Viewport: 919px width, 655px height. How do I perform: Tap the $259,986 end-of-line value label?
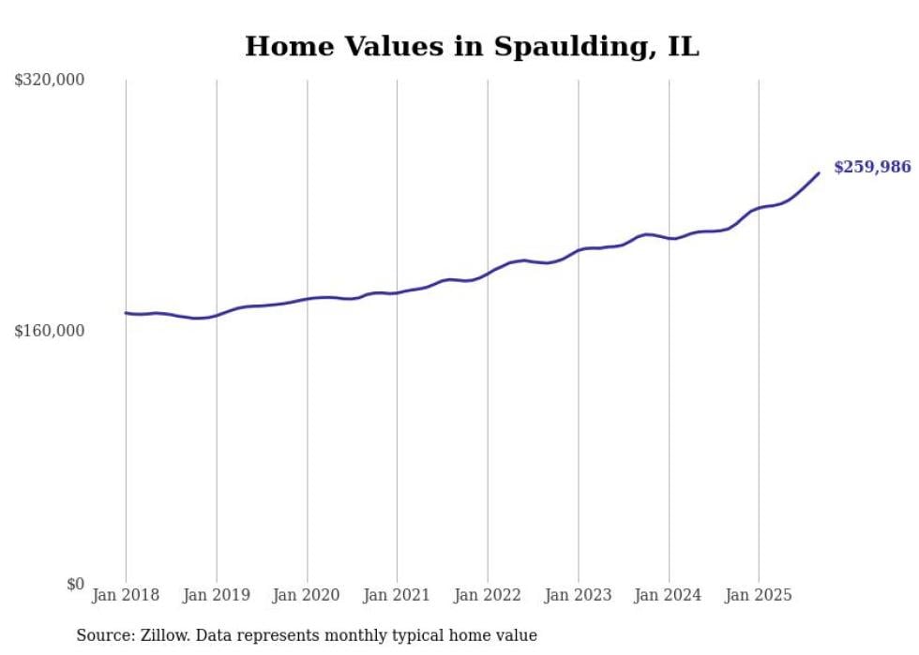872,167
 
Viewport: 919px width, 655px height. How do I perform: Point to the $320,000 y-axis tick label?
49,81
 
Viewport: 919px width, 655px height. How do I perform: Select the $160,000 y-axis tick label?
49,331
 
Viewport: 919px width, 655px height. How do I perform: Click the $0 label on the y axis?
75,584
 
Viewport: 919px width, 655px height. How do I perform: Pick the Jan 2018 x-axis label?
126,595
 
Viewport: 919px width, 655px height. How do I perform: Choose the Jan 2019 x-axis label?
217,595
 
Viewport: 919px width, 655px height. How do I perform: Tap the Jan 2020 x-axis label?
307,595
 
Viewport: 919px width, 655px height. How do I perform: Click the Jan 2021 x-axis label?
397,595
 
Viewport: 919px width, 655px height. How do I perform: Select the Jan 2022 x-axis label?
488,595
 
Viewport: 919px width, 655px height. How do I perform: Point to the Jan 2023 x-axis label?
578,595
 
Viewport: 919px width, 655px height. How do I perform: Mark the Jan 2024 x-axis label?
669,595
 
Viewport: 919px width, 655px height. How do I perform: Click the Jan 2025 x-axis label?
759,595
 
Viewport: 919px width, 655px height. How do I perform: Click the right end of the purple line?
819,172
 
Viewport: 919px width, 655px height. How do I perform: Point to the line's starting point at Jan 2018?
126,313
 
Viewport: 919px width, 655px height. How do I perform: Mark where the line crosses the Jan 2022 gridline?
488,273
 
